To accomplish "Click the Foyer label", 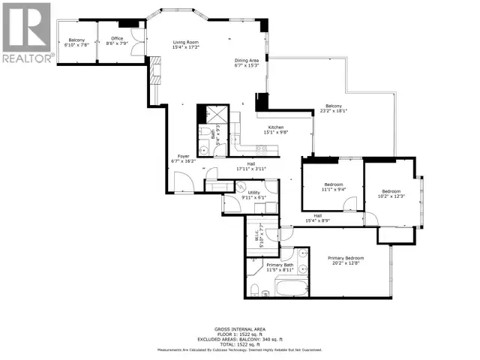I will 178,156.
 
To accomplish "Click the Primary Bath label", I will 279,265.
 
